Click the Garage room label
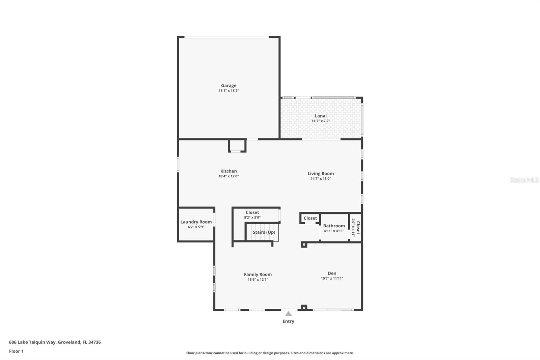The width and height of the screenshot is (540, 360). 228,85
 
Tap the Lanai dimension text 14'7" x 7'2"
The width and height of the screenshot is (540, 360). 320,121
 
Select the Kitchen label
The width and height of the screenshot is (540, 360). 228,171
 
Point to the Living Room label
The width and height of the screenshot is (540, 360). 320,174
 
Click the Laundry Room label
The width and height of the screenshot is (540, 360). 196,222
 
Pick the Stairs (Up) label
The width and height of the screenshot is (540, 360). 264,232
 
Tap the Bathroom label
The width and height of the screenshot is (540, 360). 334,226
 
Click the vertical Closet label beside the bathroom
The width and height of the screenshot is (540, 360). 358,228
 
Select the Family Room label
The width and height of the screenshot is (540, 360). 258,275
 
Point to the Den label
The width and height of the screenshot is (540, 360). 332,273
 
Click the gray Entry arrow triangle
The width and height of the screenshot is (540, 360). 288,314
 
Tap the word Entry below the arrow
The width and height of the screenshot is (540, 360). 288,321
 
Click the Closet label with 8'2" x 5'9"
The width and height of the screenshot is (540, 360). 252,212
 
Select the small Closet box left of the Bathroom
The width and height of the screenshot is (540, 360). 310,218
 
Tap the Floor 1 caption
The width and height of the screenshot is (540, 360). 16,351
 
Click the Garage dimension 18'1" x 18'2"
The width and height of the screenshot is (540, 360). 228,91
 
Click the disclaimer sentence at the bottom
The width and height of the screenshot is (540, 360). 270,353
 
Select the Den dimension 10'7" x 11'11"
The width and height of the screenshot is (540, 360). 332,279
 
